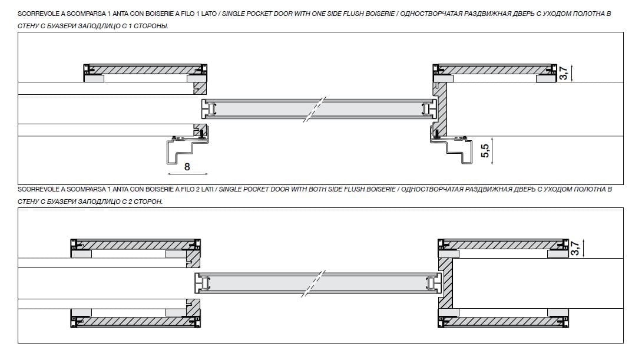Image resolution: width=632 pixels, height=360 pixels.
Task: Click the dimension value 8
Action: (187, 167)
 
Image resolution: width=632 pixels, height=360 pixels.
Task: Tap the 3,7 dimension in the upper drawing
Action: (564, 74)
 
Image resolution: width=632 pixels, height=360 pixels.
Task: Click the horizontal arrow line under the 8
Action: (187, 174)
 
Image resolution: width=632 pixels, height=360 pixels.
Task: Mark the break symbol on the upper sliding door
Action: (315, 110)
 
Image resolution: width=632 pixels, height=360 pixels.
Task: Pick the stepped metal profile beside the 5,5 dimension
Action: (459, 150)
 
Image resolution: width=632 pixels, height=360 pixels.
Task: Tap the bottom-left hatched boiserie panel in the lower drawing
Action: (135, 322)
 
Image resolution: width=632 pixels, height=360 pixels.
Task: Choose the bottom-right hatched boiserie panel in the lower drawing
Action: (504, 322)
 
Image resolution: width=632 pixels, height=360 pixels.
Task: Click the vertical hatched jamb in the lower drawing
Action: (446, 283)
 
